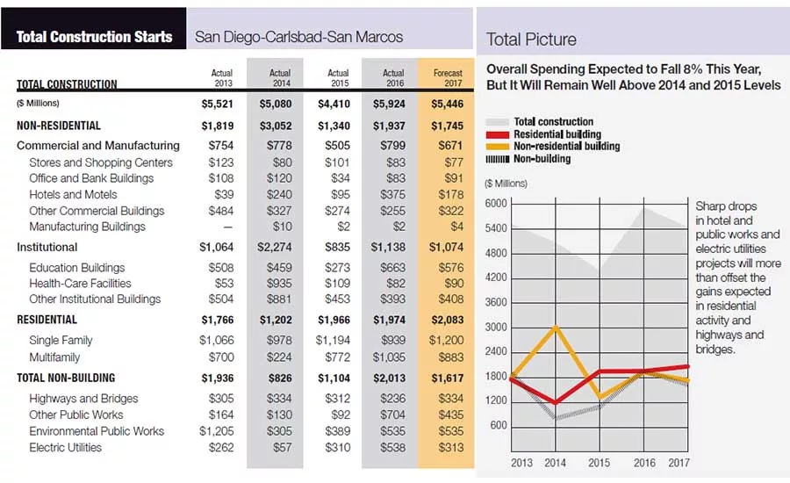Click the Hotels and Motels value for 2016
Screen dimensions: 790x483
click(x=392, y=195)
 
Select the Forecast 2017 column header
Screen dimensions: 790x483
click(x=448, y=77)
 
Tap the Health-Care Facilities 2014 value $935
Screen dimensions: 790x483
click(x=279, y=284)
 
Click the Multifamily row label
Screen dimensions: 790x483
click(x=54, y=357)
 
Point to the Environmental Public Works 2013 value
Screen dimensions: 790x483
click(x=217, y=431)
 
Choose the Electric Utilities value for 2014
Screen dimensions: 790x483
click(x=282, y=448)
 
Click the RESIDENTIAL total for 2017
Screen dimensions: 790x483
click(x=448, y=321)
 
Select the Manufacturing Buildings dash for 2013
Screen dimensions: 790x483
click(x=228, y=227)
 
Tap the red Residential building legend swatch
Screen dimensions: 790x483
click(x=498, y=134)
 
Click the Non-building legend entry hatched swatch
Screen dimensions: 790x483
click(x=498, y=159)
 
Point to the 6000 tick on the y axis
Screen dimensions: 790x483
click(x=496, y=204)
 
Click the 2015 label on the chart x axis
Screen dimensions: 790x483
click(x=599, y=463)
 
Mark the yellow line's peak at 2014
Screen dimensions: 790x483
click(x=556, y=328)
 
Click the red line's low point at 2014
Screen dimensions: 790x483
click(x=556, y=402)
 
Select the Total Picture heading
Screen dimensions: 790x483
click(x=531, y=40)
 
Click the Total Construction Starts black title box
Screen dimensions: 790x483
click(x=94, y=28)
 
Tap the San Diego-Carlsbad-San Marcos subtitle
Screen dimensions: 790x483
click(x=298, y=37)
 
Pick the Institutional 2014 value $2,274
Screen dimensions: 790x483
click(x=275, y=248)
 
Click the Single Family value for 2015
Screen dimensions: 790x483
click(x=333, y=341)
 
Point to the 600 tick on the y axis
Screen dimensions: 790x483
click(x=499, y=426)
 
